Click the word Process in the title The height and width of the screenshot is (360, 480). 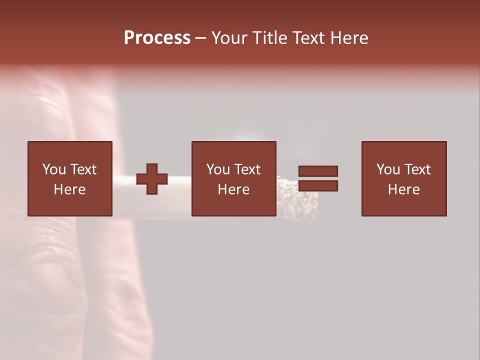point(157,38)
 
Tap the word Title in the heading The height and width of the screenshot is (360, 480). point(269,38)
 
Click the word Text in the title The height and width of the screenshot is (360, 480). point(308,38)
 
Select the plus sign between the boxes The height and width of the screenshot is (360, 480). point(152,179)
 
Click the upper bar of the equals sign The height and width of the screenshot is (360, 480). point(318,171)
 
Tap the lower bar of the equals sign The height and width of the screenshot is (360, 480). point(318,186)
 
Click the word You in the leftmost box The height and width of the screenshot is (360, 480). point(53,169)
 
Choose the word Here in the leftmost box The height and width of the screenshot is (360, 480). point(69,189)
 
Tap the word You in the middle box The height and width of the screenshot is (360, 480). point(217,169)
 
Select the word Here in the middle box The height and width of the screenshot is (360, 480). point(233,189)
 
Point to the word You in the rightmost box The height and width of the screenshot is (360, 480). point(387,169)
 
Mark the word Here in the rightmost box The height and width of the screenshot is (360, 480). point(403,189)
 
